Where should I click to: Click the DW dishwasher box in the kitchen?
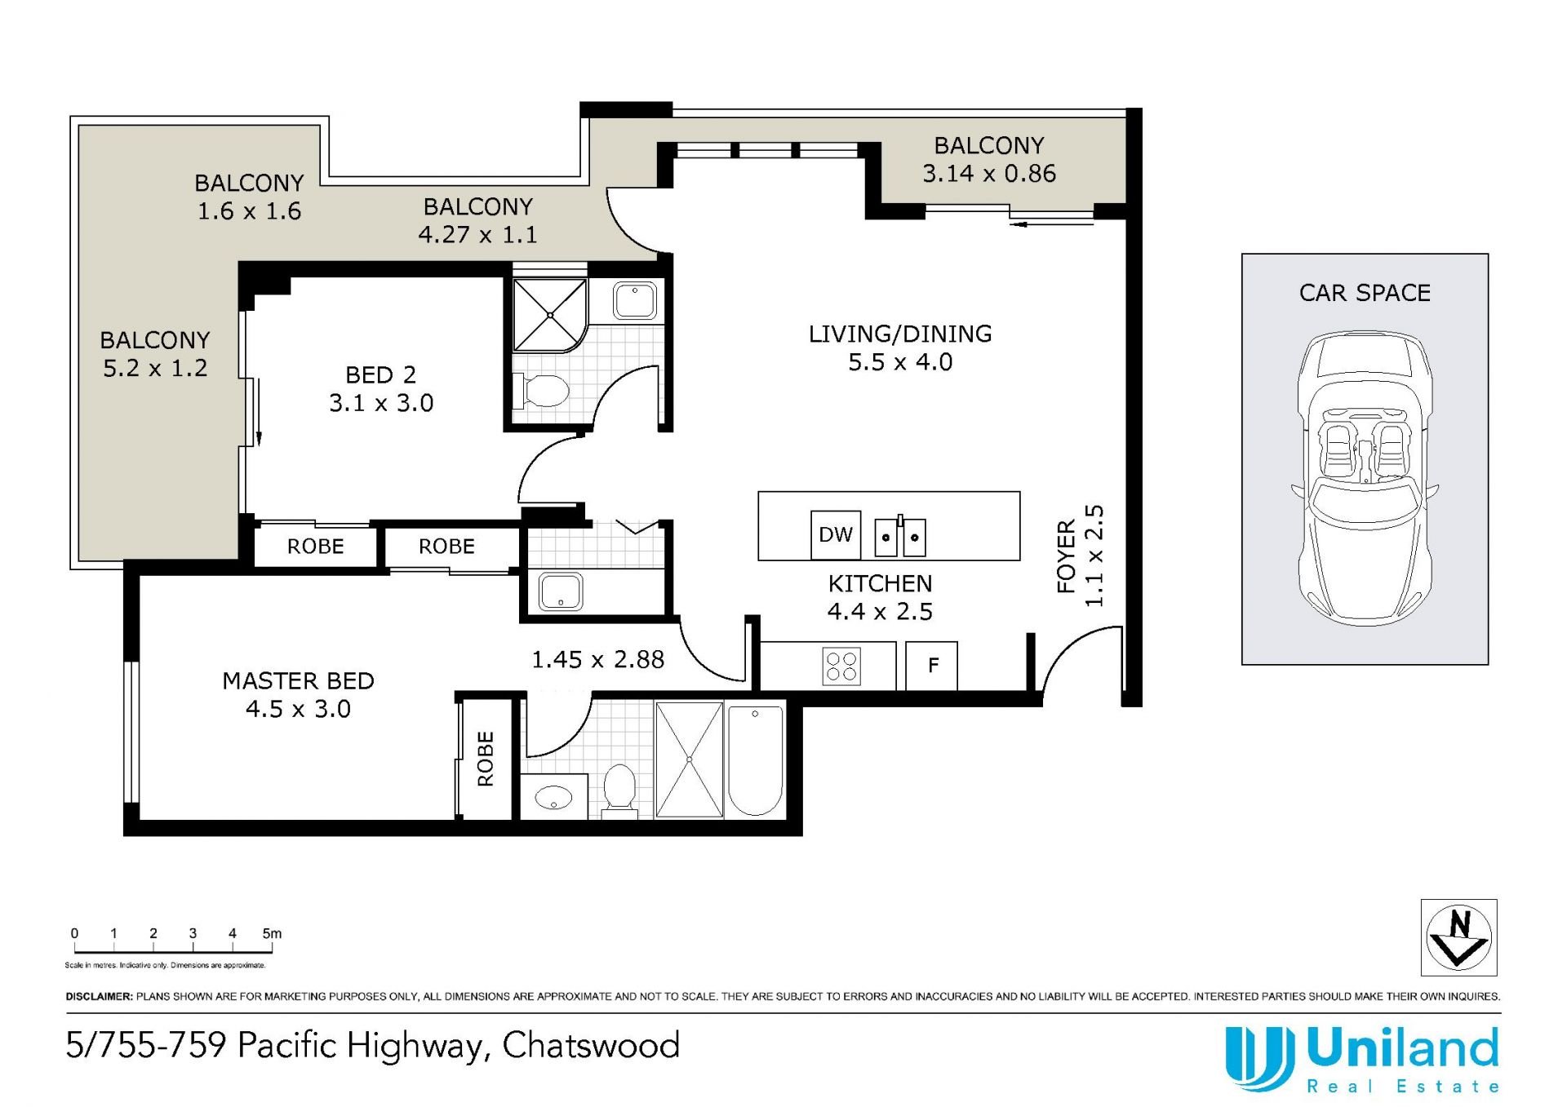(836, 534)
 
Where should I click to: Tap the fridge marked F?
(932, 666)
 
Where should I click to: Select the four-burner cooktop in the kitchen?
(841, 666)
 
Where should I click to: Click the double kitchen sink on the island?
(900, 537)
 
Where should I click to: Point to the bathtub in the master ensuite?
(755, 760)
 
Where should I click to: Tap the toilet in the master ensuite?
(619, 790)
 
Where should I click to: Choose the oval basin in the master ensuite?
(553, 796)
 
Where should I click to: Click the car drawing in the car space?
(1365, 479)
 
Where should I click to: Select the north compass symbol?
(1459, 937)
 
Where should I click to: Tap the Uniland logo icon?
(1259, 1059)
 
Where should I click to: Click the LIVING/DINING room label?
(900, 334)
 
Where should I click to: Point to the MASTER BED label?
(298, 681)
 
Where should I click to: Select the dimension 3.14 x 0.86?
(989, 174)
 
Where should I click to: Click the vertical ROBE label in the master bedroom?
(486, 759)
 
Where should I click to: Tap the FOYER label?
(1067, 556)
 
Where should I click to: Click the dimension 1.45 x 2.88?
(597, 659)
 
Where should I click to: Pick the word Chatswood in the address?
(591, 1046)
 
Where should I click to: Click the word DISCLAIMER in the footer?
(99, 996)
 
